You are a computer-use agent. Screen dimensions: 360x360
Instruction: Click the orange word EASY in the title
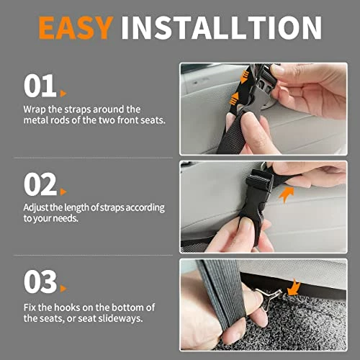[x=76, y=28]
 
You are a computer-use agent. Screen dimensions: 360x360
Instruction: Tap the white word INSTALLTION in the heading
[x=221, y=28]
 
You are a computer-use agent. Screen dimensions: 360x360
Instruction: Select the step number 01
[x=40, y=86]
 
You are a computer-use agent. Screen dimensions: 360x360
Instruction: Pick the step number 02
[x=40, y=184]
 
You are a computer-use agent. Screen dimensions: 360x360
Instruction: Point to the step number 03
[x=40, y=282]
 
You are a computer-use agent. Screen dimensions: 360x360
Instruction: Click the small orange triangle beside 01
[x=63, y=94]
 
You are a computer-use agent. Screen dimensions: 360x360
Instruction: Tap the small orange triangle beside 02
[x=63, y=192]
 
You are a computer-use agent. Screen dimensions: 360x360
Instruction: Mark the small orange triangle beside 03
[x=63, y=289]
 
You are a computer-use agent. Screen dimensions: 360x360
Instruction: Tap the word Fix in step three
[x=30, y=307]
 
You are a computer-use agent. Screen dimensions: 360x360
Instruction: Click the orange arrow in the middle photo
[x=287, y=194]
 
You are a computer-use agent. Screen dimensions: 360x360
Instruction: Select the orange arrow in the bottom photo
[x=294, y=287]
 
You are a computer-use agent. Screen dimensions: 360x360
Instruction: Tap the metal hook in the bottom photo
[x=268, y=297]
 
